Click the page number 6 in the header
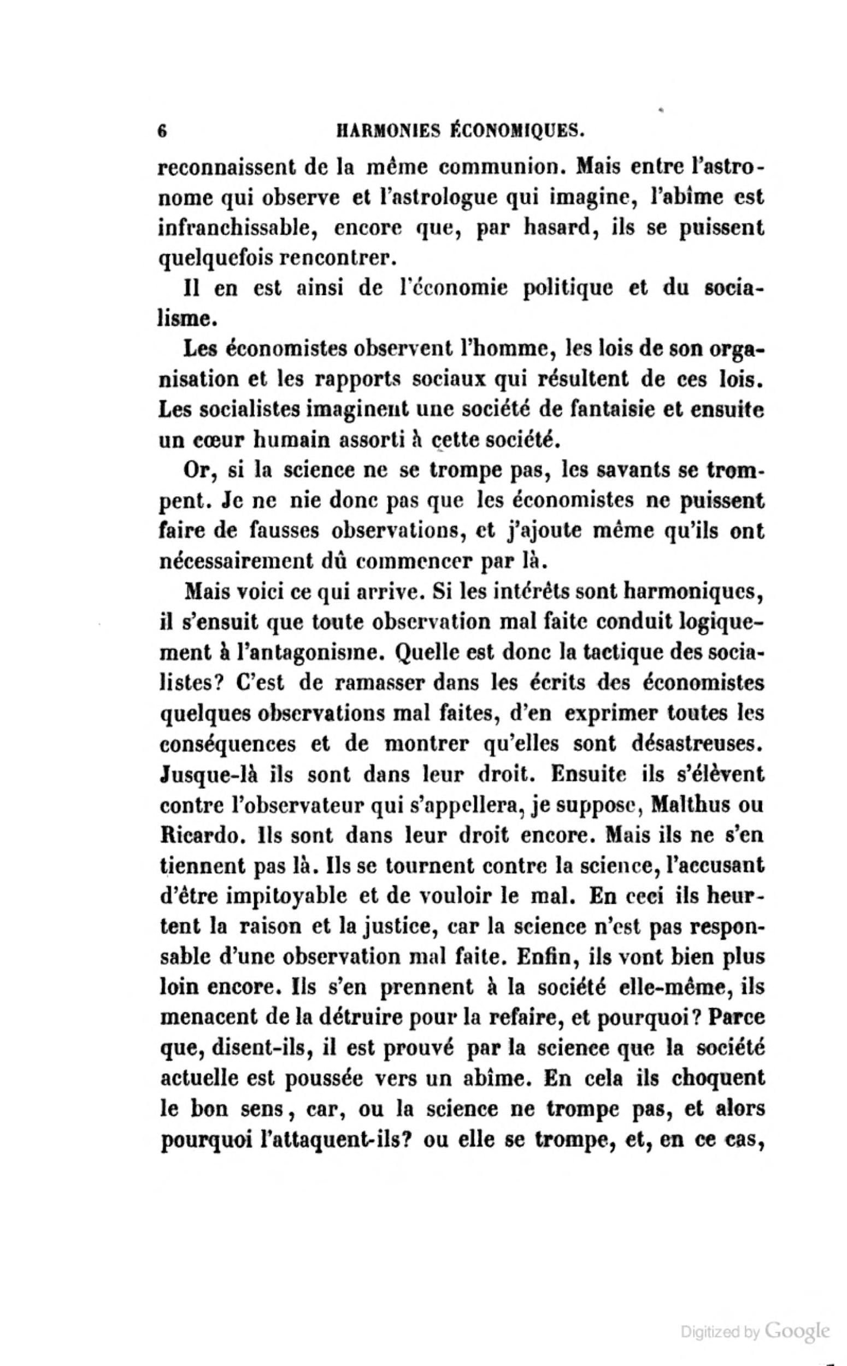(x=163, y=131)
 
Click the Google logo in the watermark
(x=797, y=1327)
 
